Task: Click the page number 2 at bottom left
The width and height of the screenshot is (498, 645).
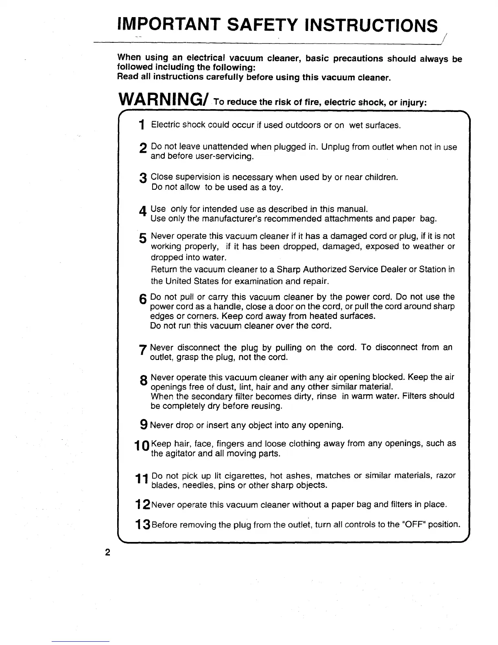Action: point(107,553)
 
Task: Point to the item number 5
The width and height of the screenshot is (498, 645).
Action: point(142,238)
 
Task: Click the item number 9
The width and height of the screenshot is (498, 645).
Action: point(144,425)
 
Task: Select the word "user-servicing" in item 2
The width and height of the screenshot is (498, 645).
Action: point(226,157)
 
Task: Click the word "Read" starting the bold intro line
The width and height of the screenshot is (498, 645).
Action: point(126,77)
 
